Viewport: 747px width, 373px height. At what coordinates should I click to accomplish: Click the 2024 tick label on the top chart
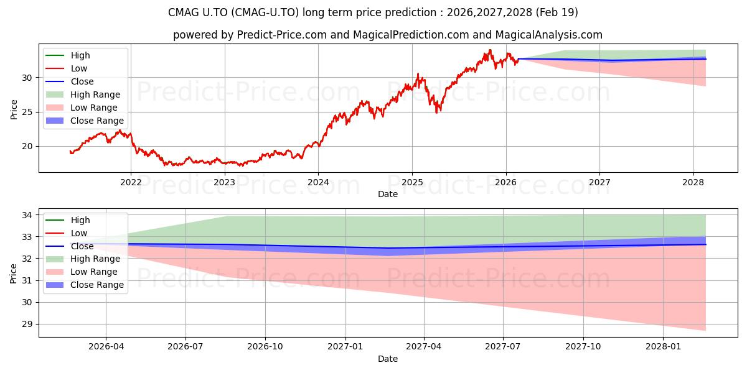(x=318, y=183)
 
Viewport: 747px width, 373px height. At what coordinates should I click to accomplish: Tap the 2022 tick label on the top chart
(x=131, y=183)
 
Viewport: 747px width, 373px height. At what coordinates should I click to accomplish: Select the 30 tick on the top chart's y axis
(x=27, y=78)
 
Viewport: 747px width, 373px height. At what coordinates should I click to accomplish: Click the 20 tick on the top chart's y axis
(x=27, y=146)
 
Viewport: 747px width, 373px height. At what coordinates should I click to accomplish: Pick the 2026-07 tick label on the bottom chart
(x=186, y=347)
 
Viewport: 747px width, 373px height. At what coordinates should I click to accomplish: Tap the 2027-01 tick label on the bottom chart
(x=345, y=347)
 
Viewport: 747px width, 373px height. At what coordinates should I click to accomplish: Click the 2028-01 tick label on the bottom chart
(x=663, y=347)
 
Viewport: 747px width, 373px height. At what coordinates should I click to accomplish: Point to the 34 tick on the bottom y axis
(x=27, y=215)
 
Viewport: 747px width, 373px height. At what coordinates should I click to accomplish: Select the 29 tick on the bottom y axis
(x=27, y=324)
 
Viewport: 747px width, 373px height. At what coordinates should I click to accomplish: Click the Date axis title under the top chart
(x=387, y=194)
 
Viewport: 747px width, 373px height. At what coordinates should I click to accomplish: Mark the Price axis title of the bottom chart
(x=13, y=274)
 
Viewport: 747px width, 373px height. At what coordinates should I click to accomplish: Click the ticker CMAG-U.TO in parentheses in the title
(x=265, y=12)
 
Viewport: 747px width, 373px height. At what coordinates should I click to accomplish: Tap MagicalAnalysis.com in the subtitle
(x=549, y=35)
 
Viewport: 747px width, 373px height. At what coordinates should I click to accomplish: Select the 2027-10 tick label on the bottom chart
(x=583, y=347)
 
